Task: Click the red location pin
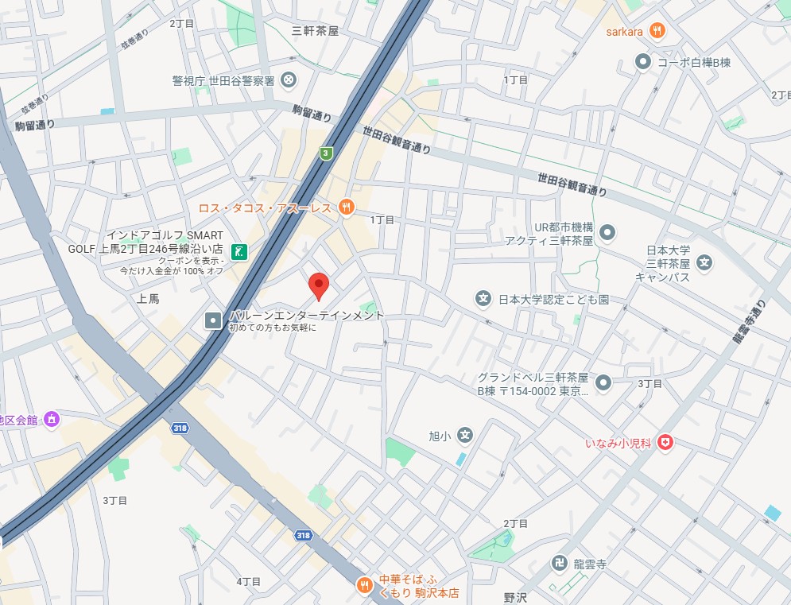(319, 285)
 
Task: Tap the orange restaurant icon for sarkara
(657, 31)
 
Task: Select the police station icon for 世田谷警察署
(289, 80)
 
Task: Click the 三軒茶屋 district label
(316, 31)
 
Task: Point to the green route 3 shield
(326, 153)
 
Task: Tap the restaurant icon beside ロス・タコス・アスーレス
(346, 207)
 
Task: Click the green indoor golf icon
(238, 252)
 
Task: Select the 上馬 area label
(149, 299)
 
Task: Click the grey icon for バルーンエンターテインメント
(214, 320)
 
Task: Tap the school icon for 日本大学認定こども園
(483, 299)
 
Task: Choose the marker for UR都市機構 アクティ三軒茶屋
(607, 233)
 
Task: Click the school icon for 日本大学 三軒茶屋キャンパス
(704, 262)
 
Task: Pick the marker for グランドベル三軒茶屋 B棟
(603, 383)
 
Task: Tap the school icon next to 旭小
(465, 435)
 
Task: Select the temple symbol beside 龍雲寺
(559, 564)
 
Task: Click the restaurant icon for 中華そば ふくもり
(364, 585)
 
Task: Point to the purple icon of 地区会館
(52, 419)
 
